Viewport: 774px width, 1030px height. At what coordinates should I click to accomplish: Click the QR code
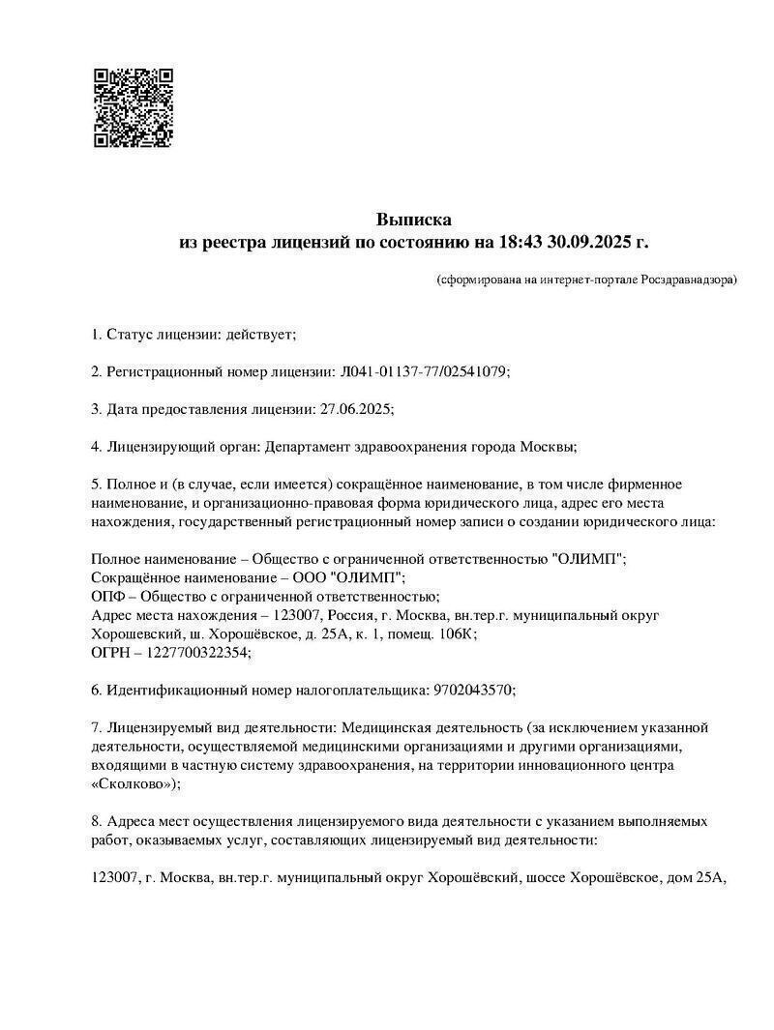tap(134, 107)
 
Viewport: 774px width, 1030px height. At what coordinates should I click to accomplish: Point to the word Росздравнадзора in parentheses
tap(687, 280)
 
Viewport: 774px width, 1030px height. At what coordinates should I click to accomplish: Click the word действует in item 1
tap(258, 335)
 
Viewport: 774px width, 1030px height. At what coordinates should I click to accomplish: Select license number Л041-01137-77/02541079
tap(424, 371)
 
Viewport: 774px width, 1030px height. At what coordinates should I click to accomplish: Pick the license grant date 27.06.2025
tap(354, 408)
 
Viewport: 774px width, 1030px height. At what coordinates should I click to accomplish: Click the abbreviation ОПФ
tap(106, 597)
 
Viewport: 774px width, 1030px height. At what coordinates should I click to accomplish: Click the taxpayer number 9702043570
tap(470, 690)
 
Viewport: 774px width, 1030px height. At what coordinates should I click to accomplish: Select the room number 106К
tap(452, 634)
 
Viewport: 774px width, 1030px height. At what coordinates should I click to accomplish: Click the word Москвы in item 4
tap(550, 446)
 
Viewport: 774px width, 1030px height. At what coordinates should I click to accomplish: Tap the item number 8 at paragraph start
tap(95, 821)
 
